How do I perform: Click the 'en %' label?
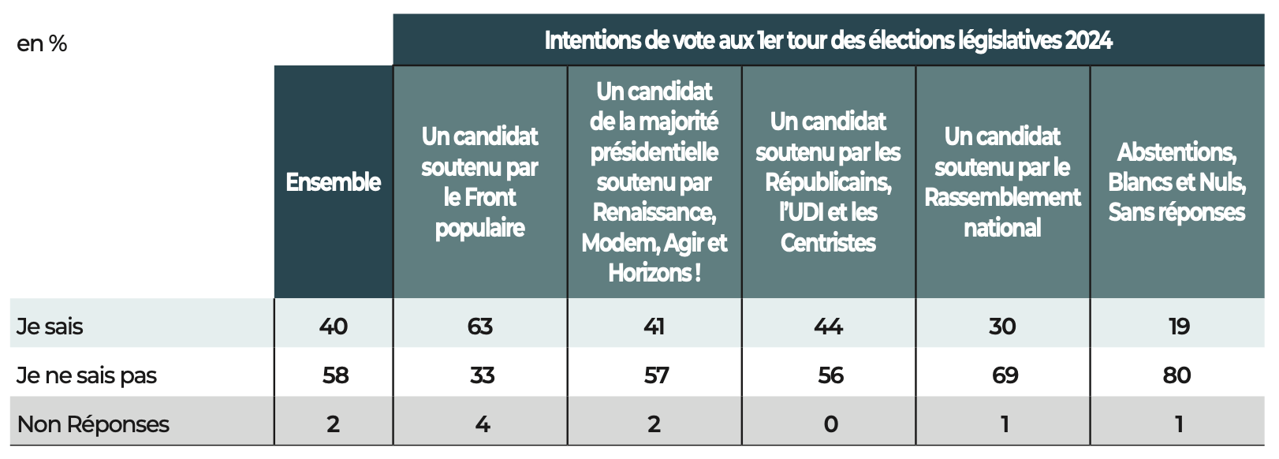42,44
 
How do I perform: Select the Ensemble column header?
334,182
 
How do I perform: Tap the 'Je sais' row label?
50,327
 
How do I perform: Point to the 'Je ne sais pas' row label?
87,375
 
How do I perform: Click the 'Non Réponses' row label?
93,424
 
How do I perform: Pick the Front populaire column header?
479,182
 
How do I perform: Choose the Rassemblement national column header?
1002,182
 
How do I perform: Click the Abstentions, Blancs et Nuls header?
1176,182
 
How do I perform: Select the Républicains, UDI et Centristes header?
828,182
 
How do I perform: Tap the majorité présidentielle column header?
654,182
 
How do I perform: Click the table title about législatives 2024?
828,40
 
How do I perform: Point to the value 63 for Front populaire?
480,327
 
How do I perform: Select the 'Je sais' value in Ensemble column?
334,327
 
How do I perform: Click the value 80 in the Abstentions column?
1176,375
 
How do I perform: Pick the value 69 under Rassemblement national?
1005,375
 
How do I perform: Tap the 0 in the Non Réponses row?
830,424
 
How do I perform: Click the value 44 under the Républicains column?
829,327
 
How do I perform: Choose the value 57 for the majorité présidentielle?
656,375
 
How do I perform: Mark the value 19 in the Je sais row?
1179,327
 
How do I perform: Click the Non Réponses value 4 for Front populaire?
483,424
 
